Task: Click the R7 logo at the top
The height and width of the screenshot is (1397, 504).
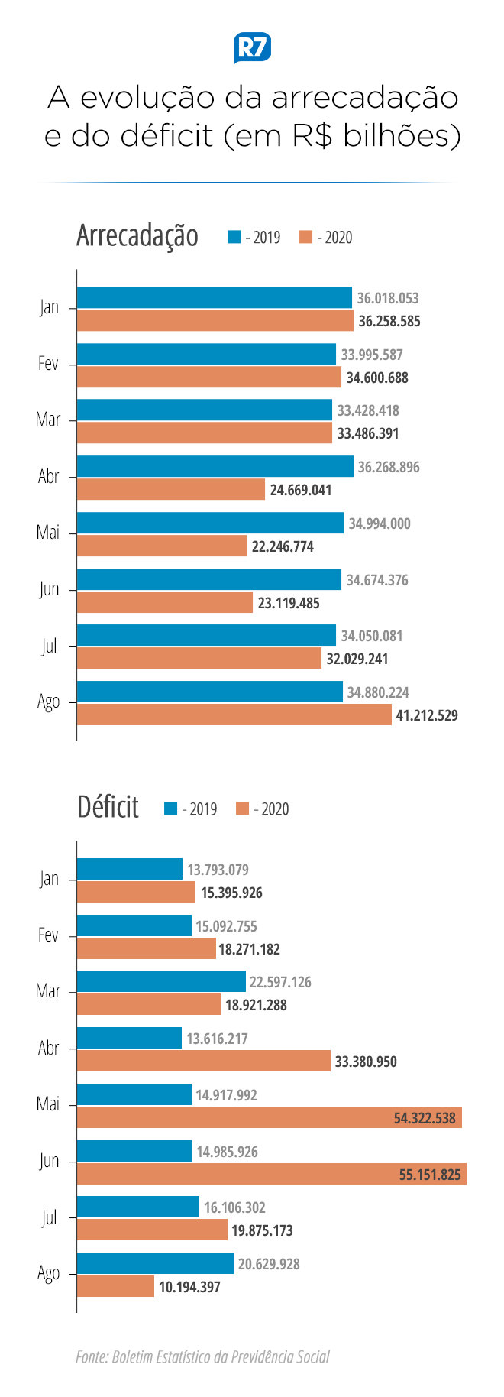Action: [x=252, y=48]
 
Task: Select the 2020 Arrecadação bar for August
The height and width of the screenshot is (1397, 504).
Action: [x=234, y=715]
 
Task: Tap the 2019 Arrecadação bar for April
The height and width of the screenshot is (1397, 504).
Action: [x=215, y=466]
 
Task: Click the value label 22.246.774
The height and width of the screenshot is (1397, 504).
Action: [x=283, y=546]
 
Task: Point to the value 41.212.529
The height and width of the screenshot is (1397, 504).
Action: [x=426, y=715]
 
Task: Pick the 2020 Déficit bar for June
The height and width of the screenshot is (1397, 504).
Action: [x=271, y=1174]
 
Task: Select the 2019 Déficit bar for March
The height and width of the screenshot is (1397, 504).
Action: [x=161, y=981]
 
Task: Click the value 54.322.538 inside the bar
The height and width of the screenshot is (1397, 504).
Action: [x=425, y=1118]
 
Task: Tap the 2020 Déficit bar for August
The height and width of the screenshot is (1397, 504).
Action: [x=115, y=1286]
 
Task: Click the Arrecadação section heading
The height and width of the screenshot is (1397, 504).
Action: [x=137, y=236]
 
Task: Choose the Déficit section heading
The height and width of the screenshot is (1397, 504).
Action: [x=108, y=807]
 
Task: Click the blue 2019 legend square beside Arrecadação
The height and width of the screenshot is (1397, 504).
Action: [x=234, y=237]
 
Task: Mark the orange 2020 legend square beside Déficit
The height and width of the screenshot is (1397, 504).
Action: [x=243, y=809]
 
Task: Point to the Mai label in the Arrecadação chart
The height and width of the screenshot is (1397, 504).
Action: [x=47, y=532]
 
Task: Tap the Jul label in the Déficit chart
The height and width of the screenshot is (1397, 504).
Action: [x=49, y=1217]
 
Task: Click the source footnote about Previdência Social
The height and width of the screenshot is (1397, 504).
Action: [x=202, y=1356]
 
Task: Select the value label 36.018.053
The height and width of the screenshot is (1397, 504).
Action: [x=388, y=298]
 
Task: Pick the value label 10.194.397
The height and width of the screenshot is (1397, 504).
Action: [x=189, y=1287]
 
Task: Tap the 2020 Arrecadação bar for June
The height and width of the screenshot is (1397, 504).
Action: [x=164, y=602]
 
